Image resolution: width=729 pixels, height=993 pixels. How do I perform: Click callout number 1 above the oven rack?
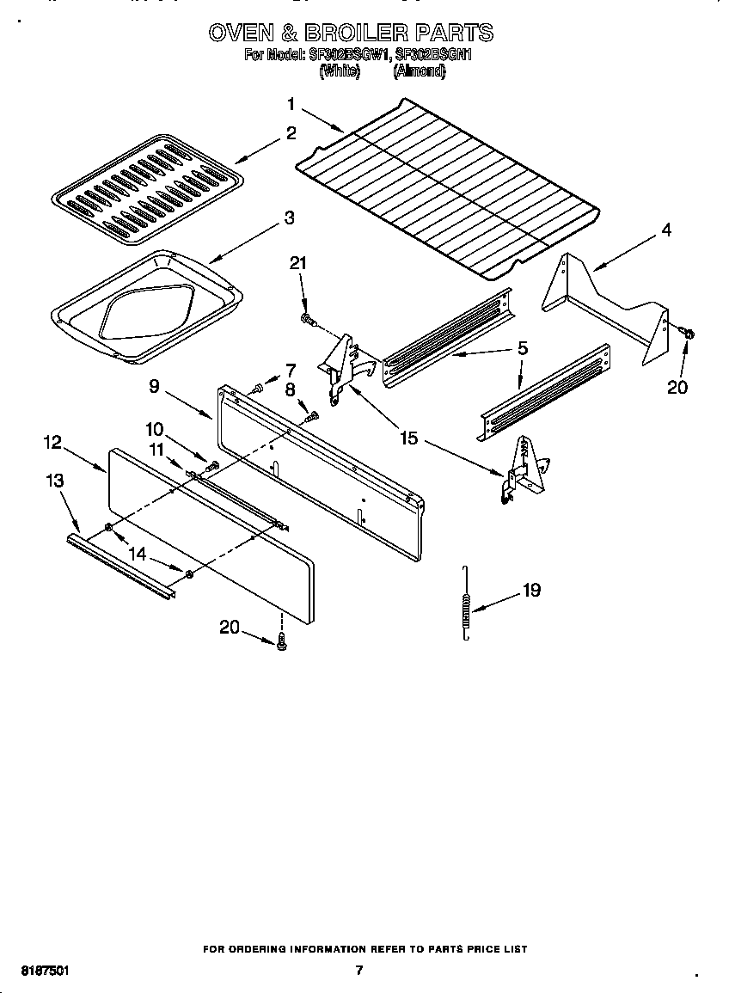(291, 104)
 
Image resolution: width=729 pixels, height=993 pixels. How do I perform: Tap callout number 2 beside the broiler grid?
(291, 133)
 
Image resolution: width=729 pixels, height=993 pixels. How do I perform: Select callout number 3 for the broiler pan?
(289, 218)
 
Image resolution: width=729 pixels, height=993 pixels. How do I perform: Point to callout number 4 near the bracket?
(666, 230)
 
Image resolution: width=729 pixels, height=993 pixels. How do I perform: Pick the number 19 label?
(531, 591)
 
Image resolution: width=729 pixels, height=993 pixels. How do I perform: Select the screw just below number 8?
(311, 418)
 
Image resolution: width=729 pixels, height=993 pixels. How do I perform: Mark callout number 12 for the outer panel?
(53, 442)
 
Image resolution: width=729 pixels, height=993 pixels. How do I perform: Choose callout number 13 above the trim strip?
(54, 481)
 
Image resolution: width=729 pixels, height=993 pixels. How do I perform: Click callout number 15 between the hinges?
(408, 438)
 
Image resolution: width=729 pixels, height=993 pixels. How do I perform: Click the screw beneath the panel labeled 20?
(281, 641)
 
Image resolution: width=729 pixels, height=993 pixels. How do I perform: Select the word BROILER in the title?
(357, 33)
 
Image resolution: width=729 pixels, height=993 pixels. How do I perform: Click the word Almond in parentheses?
(419, 73)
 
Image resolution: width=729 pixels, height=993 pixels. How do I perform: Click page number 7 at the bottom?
(359, 971)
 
